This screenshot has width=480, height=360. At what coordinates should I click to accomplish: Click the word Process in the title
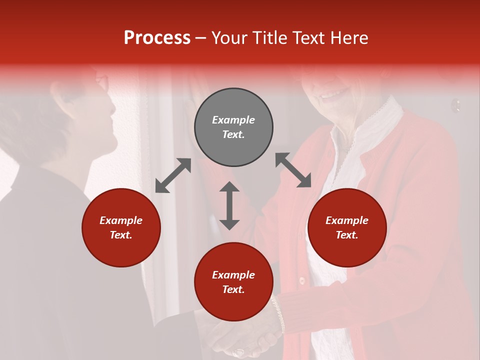157,38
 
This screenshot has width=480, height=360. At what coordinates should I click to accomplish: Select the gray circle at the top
233,127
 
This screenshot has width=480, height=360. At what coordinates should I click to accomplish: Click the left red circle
121,227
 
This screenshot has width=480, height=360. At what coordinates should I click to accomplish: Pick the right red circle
347,227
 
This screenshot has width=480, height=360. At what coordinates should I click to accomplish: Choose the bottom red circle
233,282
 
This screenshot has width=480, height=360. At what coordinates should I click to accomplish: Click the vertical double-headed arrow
229,205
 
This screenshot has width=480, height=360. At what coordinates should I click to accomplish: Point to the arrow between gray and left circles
173,175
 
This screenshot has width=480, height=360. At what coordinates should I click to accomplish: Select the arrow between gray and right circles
293,170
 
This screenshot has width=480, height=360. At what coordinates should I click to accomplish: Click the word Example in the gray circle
233,120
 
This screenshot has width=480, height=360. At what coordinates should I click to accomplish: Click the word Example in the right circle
347,220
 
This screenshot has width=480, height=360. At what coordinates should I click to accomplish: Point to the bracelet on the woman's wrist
278,312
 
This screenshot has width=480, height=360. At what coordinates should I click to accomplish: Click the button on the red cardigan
301,280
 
